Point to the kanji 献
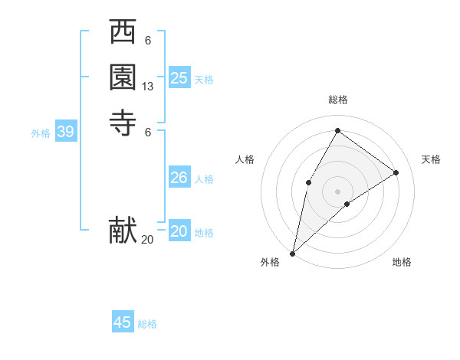[123, 230]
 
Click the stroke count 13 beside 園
[148, 87]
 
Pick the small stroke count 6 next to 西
[148, 41]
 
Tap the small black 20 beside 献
[147, 240]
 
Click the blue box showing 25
[179, 77]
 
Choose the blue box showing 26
[179, 178]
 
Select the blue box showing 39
[65, 133]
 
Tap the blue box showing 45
[123, 322]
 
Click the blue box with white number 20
[179, 231]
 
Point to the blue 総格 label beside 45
[147, 324]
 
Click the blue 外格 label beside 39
[41, 133]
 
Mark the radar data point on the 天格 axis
[396, 172]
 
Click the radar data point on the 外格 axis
[292, 253]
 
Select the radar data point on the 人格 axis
[308, 182]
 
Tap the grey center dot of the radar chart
[337, 191]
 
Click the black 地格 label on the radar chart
[402, 263]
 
